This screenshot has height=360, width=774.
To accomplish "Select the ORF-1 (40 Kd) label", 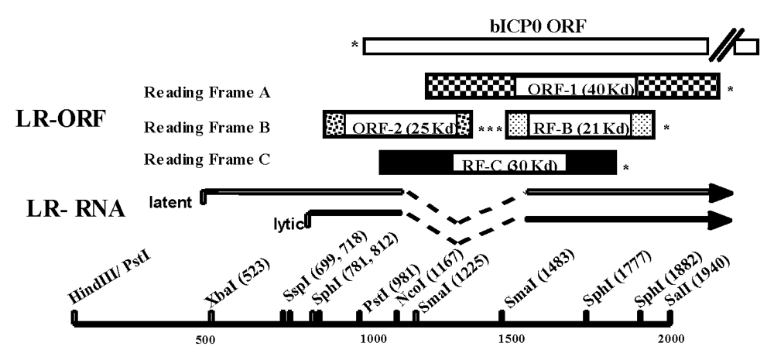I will click(x=575, y=90).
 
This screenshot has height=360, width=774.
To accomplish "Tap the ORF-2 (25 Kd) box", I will click(x=397, y=125).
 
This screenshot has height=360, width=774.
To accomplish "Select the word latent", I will click(x=173, y=201).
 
